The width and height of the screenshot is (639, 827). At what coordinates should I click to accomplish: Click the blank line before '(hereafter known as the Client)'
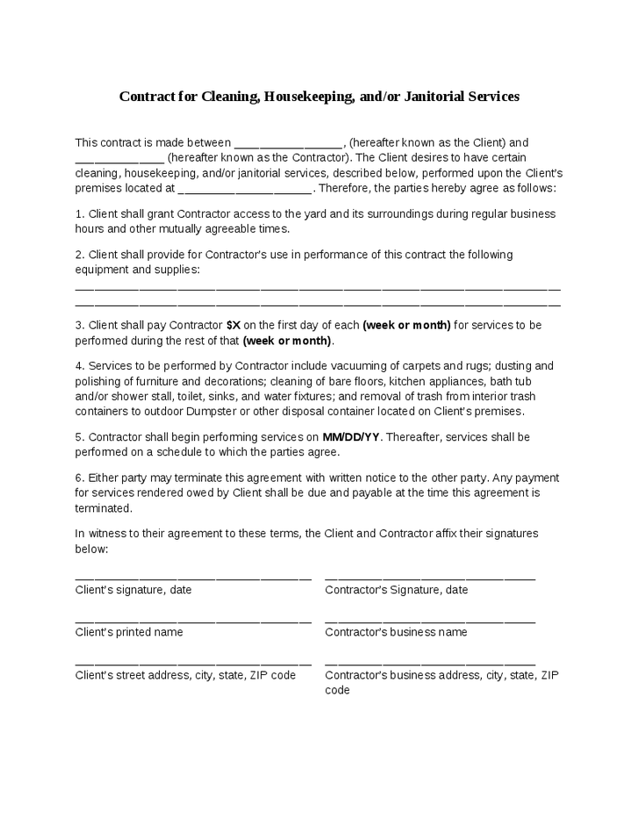[x=289, y=144]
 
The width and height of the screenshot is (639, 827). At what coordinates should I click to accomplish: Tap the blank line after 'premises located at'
[x=245, y=189]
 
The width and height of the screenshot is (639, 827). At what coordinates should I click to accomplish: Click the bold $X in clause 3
[x=233, y=325]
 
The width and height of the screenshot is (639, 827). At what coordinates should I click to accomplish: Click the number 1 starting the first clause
[x=79, y=213]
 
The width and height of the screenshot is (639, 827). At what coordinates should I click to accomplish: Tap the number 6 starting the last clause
[x=79, y=478]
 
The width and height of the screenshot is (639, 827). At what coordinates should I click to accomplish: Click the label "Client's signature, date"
[x=133, y=590]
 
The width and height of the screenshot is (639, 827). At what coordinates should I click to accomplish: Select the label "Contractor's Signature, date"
[x=396, y=590]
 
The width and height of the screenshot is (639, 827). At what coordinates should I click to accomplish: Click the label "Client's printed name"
[x=129, y=632]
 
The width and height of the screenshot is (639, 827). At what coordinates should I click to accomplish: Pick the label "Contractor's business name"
[x=396, y=632]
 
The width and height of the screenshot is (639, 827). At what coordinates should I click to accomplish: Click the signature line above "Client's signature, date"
[x=193, y=579]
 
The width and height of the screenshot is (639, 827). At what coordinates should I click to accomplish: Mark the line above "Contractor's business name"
[x=430, y=621]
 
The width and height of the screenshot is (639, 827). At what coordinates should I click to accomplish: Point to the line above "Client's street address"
[x=193, y=664]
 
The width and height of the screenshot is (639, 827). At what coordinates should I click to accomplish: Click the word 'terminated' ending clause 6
[x=104, y=508]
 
